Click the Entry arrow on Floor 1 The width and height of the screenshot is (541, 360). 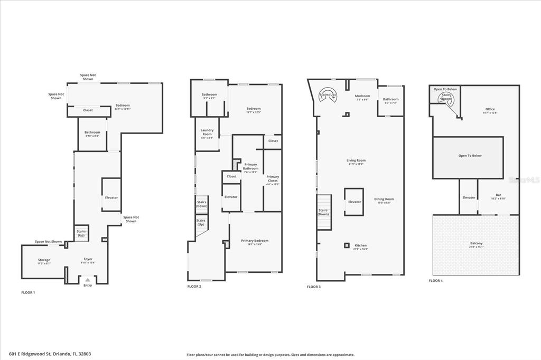click(x=88, y=279)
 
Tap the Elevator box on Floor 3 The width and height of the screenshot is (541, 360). click(x=355, y=202)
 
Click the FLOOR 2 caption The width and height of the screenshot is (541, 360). click(x=194, y=286)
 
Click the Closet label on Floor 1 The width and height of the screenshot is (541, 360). click(x=88, y=110)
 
